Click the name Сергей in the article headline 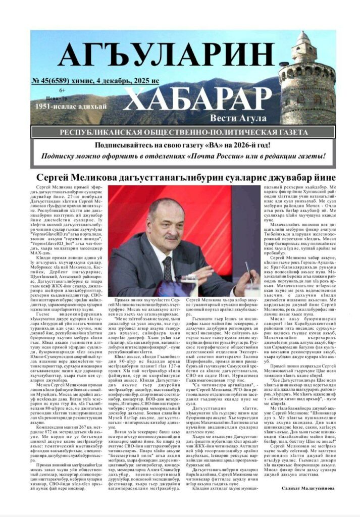click(x=56, y=178)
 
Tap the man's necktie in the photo click(x=167, y=267)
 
